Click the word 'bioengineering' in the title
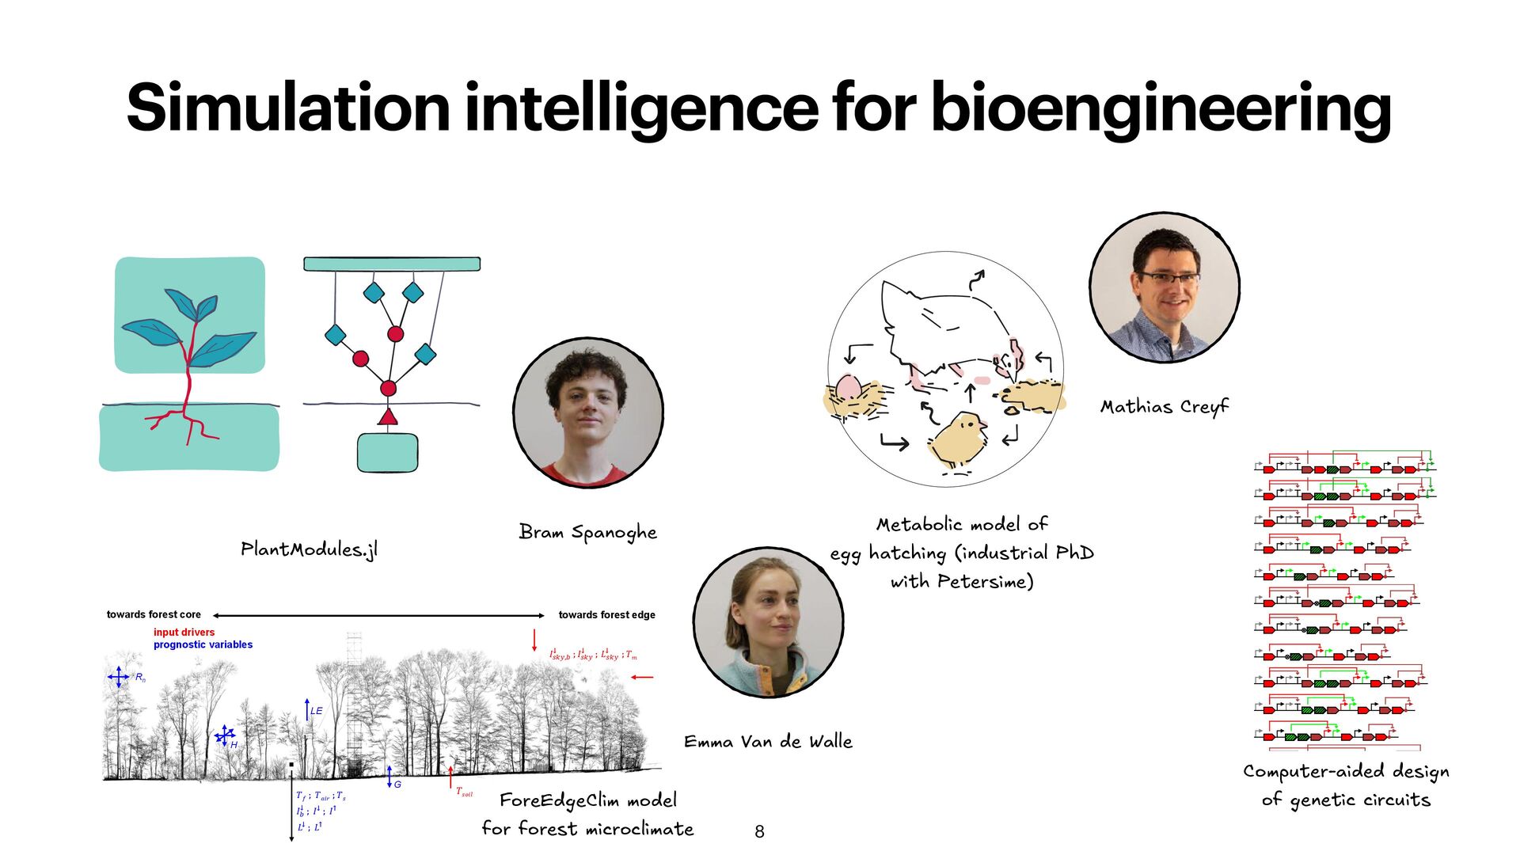[x=1161, y=108]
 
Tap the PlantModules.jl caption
[x=309, y=549]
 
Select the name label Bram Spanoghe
[x=587, y=533]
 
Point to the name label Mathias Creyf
[x=1164, y=407]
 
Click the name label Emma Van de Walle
[x=768, y=742]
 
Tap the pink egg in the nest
[x=848, y=388]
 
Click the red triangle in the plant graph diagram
[x=387, y=416]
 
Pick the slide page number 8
[x=759, y=831]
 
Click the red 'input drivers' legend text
[x=184, y=633]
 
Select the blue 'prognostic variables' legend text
[x=203, y=645]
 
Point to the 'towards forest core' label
[x=154, y=615]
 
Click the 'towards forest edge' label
[x=606, y=615]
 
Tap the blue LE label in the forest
[x=317, y=711]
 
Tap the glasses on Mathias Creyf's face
[x=1168, y=278]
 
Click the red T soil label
[x=464, y=792]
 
